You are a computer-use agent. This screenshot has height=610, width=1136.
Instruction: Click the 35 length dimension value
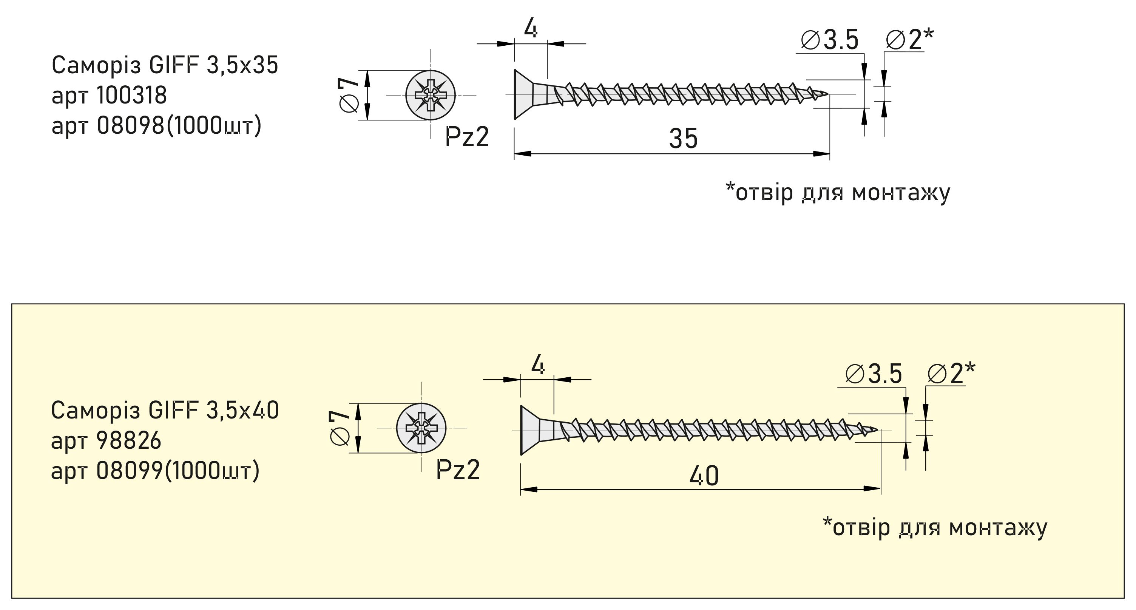tap(683, 139)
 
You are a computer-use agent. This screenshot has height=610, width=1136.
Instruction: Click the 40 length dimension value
tap(704, 476)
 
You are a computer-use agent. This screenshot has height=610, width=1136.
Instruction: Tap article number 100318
tap(131, 95)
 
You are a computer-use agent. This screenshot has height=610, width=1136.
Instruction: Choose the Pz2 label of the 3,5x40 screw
tap(458, 470)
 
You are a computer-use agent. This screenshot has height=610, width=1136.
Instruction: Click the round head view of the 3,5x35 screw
tap(431, 95)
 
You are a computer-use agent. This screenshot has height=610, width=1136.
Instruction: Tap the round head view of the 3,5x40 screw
tap(421, 428)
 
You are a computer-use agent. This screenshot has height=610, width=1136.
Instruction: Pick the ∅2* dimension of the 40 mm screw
tap(951, 374)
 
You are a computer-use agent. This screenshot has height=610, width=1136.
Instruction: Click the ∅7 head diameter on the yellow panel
tap(340, 428)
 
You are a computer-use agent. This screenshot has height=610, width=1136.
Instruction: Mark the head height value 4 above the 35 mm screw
tap(531, 29)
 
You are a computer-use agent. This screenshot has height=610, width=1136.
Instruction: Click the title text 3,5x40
tap(242, 410)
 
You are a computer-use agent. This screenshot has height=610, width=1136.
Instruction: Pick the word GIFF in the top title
tap(174, 65)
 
